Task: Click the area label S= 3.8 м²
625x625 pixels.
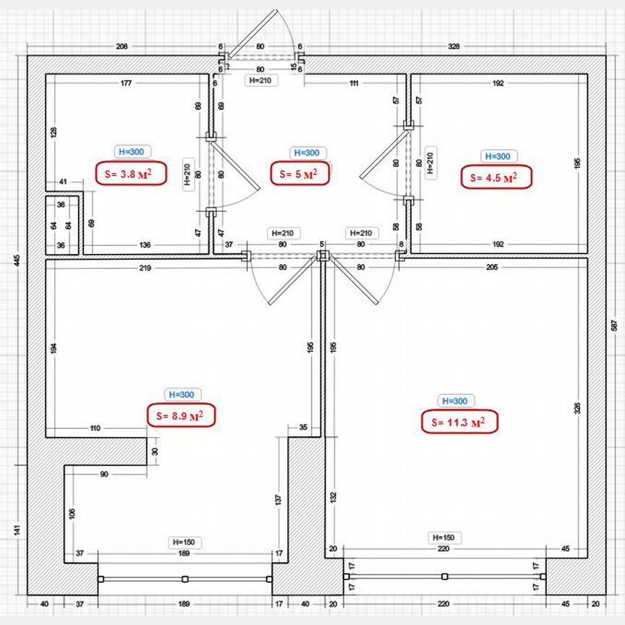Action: coord(130,174)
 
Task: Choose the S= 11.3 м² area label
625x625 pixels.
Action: coord(459,422)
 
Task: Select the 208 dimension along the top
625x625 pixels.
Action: coord(122,46)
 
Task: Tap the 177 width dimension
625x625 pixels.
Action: coord(126,84)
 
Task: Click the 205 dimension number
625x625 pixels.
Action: coord(492,268)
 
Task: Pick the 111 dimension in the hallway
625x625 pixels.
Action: coord(354,84)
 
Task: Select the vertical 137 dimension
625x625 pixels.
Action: coord(276,499)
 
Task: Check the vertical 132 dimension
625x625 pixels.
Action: coord(333,497)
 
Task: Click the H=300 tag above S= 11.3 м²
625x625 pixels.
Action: coord(454,401)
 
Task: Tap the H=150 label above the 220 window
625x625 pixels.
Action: coord(443,537)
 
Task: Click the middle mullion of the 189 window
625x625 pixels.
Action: coord(185,579)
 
